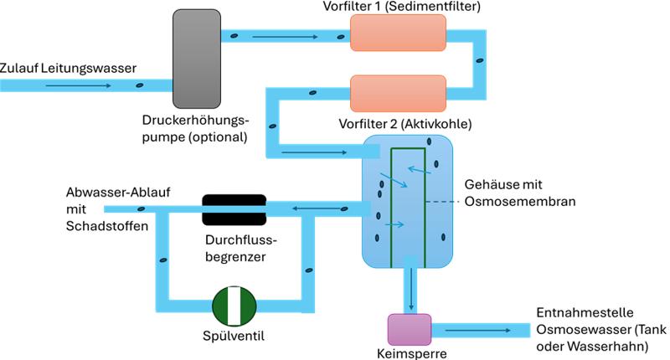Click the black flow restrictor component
[x=234, y=209]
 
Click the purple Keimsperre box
[x=409, y=328]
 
